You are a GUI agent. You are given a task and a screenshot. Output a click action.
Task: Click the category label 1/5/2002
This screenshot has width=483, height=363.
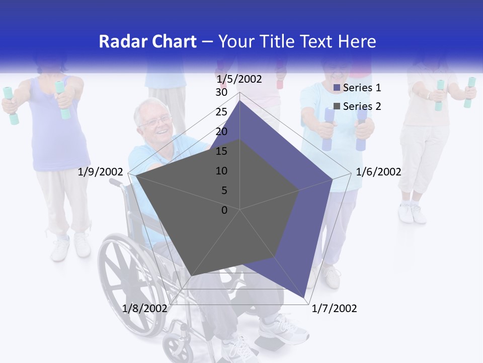(239, 79)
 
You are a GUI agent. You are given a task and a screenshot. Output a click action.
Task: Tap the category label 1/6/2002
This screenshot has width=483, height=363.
(378, 172)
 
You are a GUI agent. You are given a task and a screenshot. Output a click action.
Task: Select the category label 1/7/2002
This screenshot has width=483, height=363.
(334, 309)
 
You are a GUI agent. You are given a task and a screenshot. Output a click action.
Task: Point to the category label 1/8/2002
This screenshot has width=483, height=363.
(144, 309)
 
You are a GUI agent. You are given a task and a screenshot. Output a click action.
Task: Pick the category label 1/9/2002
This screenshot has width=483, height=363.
(101, 172)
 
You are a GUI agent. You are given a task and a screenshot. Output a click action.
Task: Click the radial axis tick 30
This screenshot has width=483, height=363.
(221, 93)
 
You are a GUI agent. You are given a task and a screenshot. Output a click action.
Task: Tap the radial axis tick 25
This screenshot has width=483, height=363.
(221, 112)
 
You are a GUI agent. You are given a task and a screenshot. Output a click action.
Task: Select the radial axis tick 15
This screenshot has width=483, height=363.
(221, 151)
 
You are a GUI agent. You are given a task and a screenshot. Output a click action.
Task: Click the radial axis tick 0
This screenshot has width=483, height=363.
(224, 210)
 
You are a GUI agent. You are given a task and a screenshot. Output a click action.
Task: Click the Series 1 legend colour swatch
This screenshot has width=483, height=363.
(337, 88)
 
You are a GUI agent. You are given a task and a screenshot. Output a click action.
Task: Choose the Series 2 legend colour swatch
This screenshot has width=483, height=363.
(337, 106)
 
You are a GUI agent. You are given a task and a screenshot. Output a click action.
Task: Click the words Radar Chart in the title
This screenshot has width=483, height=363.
(147, 42)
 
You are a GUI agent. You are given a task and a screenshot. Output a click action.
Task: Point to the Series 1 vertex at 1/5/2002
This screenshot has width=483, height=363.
(240, 101)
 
